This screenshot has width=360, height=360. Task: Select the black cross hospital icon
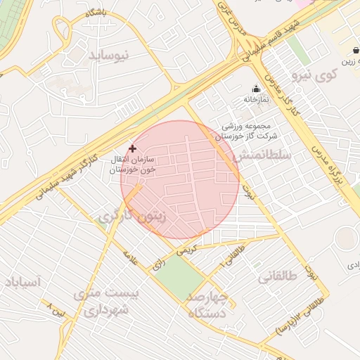coord(132,148)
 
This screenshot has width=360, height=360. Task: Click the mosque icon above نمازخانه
coord(256,89)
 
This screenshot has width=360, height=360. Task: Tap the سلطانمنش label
coord(261,155)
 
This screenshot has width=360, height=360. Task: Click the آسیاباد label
coord(23,282)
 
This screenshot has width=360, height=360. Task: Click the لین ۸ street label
coord(57,307)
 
